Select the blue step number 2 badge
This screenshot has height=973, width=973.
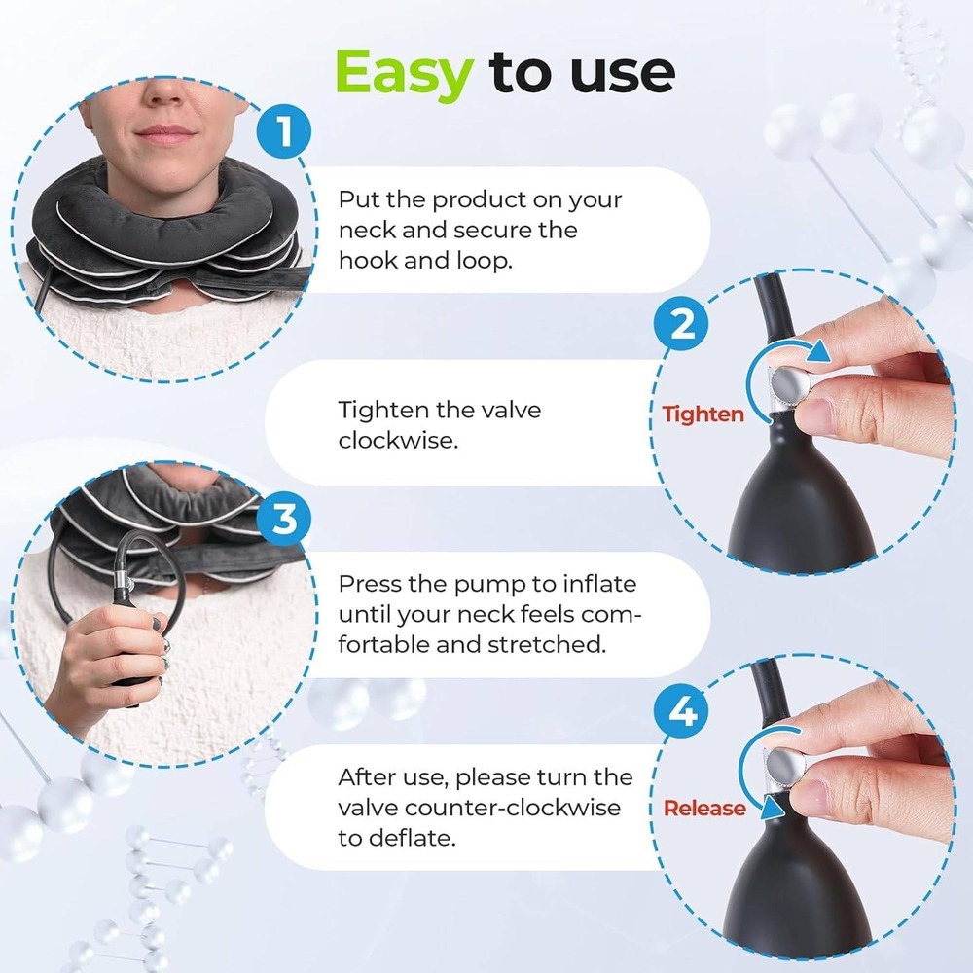(682, 325)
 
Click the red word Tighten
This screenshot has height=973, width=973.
(703, 414)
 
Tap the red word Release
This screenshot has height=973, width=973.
(703, 808)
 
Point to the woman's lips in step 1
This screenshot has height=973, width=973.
(165, 132)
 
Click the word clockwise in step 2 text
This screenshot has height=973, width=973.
(397, 440)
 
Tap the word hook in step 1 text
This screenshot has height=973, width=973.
(368, 261)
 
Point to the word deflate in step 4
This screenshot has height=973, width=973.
(412, 838)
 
